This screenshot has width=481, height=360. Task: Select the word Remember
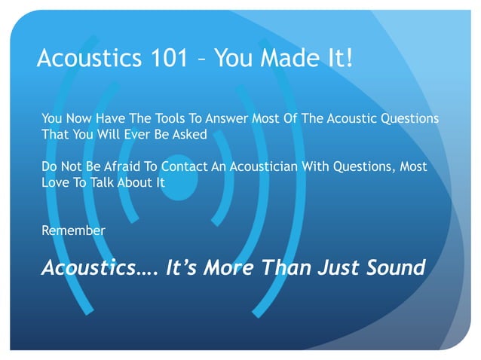tap(73, 230)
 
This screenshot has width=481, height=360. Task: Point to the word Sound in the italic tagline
tap(393, 267)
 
